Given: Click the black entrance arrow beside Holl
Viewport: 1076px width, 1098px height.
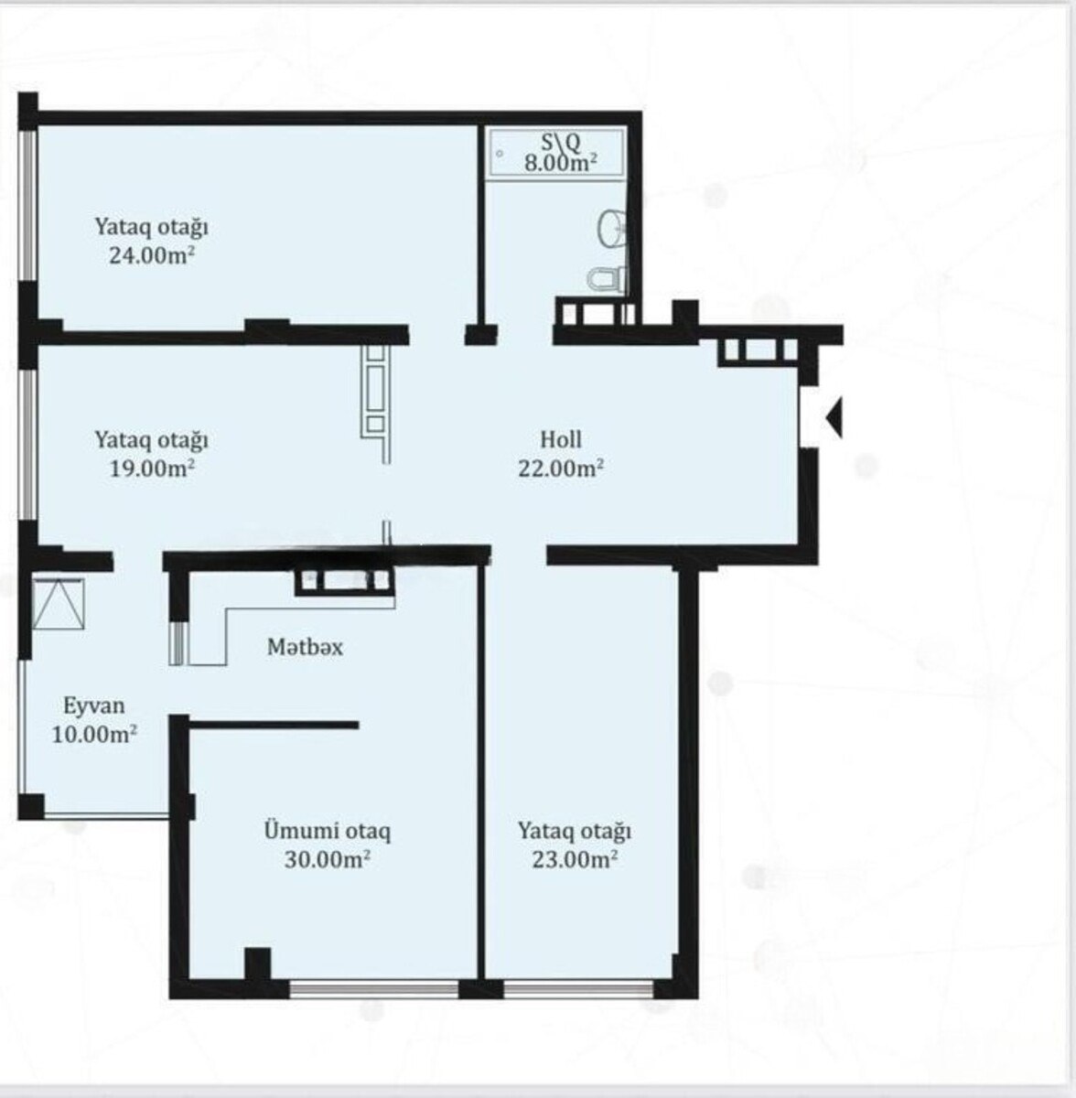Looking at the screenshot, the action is pyautogui.click(x=834, y=419).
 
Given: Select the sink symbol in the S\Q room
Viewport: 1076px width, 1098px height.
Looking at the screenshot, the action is pyautogui.click(x=612, y=228).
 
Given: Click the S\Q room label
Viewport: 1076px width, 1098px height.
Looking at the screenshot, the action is pyautogui.click(x=561, y=143).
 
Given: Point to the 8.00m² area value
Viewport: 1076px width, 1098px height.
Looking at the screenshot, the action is pyautogui.click(x=561, y=163).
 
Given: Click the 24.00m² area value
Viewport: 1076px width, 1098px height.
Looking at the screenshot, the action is pyautogui.click(x=152, y=255).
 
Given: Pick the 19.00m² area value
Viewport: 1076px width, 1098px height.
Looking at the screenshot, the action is pyautogui.click(x=152, y=468).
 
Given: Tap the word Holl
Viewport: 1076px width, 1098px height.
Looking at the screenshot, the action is pyautogui.click(x=561, y=440).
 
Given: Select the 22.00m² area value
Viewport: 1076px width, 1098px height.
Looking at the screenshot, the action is pyautogui.click(x=561, y=468).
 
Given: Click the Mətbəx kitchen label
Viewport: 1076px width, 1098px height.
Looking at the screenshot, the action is pyautogui.click(x=306, y=647).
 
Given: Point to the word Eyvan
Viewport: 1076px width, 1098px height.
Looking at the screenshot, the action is pyautogui.click(x=94, y=706).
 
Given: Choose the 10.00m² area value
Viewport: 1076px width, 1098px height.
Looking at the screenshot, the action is pyautogui.click(x=94, y=735).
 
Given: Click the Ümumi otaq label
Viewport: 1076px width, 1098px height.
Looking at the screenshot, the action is pyautogui.click(x=328, y=831).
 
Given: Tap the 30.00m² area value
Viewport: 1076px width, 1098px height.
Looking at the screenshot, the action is pyautogui.click(x=328, y=859).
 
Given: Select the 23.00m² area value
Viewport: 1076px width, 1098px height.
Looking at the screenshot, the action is pyautogui.click(x=575, y=859).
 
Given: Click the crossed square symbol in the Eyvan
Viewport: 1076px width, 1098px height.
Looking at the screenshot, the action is pyautogui.click(x=59, y=604).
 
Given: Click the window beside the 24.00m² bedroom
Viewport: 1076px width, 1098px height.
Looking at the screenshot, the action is pyautogui.click(x=28, y=206).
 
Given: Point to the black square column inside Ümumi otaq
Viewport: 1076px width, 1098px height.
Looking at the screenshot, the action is pyautogui.click(x=258, y=963).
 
